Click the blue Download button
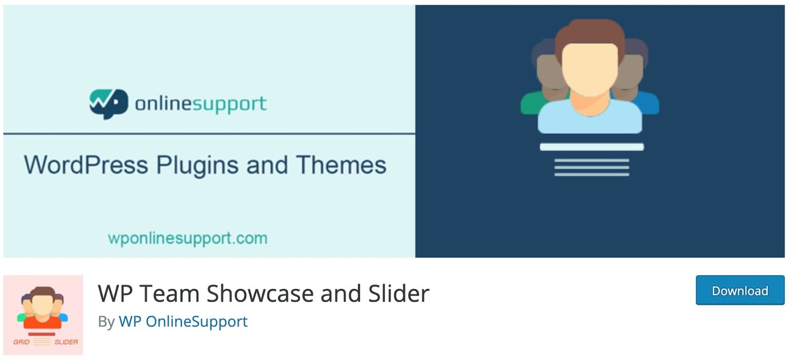pos(740,291)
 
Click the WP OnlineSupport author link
pos(183,322)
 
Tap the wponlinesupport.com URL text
pos(188,238)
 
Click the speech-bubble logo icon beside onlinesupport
pos(108,103)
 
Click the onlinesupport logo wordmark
pos(201,103)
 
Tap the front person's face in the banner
pos(590,68)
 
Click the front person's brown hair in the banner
pos(590,33)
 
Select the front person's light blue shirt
pos(590,118)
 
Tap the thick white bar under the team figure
pos(592,147)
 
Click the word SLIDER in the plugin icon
pos(66,342)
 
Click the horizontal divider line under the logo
pos(209,134)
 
